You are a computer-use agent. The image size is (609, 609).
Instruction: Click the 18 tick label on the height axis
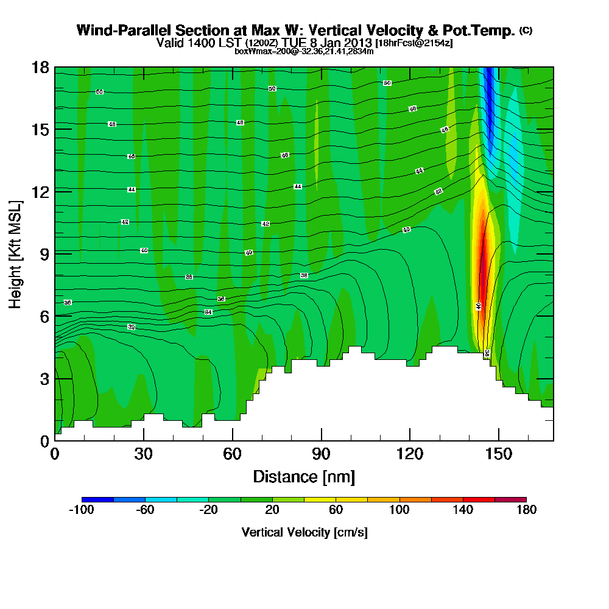pos(40,67)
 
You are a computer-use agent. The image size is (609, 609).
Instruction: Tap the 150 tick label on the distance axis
pos(499,455)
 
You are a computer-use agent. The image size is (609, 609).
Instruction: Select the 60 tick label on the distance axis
pos(232,455)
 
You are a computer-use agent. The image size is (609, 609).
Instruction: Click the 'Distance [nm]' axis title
pos(304,476)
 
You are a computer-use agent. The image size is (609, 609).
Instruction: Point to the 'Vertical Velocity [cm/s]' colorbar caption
pos(304,532)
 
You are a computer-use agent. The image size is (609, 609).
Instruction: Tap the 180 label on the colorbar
pos(526,510)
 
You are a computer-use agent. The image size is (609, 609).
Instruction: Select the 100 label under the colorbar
pos(400,510)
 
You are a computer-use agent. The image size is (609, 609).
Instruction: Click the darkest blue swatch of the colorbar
pos(97,499)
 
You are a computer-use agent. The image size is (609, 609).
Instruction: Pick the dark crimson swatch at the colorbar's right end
pos(510,499)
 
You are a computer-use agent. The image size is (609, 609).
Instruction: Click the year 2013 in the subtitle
pos(356,43)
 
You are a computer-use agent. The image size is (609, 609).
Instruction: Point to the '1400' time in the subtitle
pos(206,43)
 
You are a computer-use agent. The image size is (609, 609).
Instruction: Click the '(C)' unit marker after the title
pos(526,30)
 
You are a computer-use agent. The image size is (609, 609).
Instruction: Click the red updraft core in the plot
pos(482,268)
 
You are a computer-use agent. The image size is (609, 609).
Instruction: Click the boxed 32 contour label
pos(131,327)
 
